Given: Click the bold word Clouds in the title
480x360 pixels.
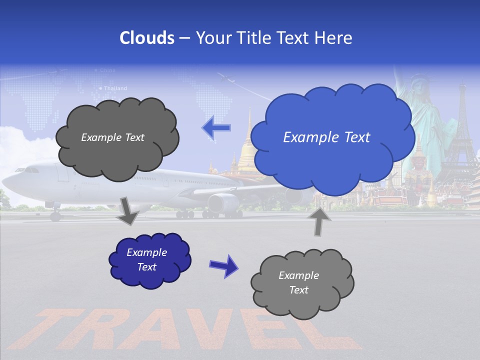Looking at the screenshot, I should click(x=147, y=38).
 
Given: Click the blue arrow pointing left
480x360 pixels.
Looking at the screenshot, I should click(x=216, y=128).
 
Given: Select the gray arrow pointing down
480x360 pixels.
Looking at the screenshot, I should click(x=127, y=211).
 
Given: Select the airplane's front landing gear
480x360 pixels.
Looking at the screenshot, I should click(x=55, y=215).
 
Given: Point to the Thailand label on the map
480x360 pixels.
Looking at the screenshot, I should click(x=115, y=88).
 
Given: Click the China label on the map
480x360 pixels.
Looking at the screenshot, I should click(x=107, y=70).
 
